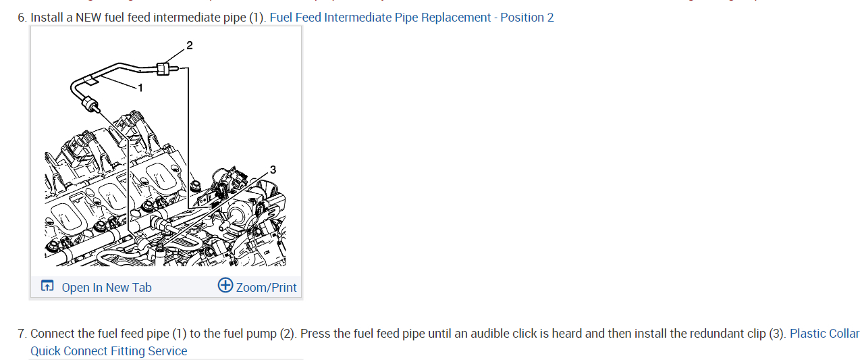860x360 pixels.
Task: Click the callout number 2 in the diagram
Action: [x=189, y=45]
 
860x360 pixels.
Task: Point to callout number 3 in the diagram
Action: [x=272, y=169]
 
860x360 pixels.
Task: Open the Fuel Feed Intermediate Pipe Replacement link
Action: [x=411, y=18]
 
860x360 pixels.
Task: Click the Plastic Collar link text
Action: [x=824, y=334]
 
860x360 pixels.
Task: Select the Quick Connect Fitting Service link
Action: [x=109, y=351]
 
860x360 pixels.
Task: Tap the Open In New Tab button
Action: [x=106, y=288]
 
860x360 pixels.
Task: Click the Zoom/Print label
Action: [x=266, y=288]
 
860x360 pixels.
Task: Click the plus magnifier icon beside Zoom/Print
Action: [x=225, y=286]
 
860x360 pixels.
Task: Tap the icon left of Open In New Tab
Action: [x=47, y=286]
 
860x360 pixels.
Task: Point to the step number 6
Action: [x=22, y=18]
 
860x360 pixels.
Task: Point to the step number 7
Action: [x=22, y=334]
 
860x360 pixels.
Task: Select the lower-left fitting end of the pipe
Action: [x=88, y=103]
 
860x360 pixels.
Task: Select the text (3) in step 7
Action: [x=777, y=334]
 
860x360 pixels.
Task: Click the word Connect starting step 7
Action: [x=53, y=334]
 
